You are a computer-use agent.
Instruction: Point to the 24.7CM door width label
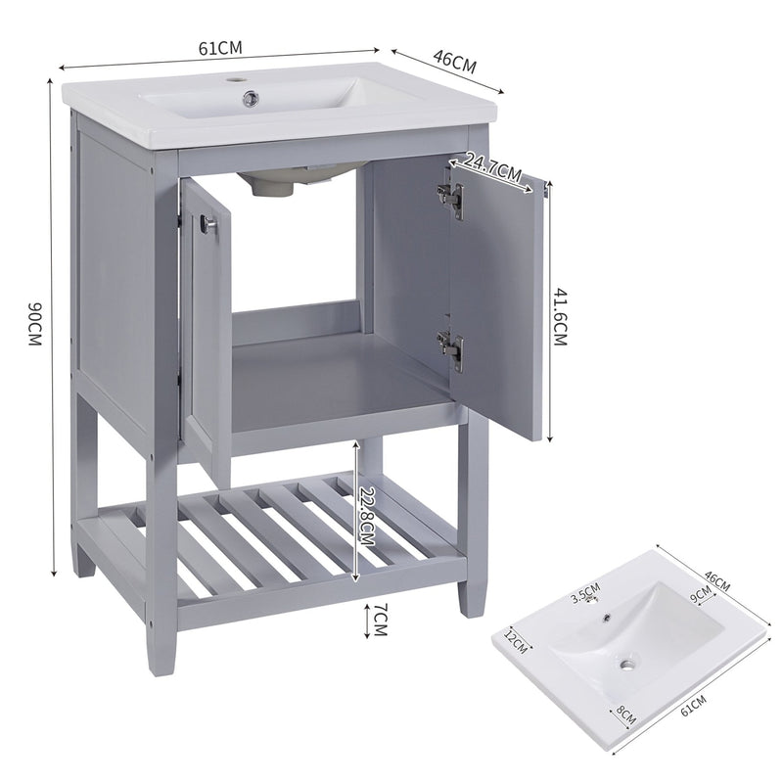[x=492, y=167]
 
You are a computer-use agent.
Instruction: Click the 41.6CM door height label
[x=560, y=314]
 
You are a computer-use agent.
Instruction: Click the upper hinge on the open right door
[x=450, y=195]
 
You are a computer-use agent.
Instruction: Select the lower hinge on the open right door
[x=450, y=346]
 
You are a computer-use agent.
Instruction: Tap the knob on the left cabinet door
[x=207, y=225]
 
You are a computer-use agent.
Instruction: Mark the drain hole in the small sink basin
[x=624, y=665]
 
